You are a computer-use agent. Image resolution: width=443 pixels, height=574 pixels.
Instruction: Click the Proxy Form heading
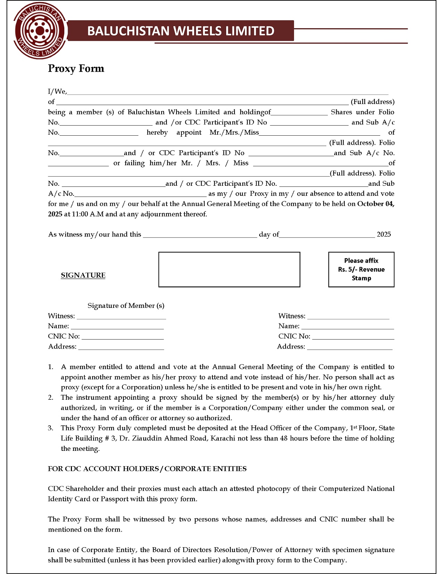(x=76, y=68)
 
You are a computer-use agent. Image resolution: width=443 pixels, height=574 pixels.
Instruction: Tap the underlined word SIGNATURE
(x=83, y=275)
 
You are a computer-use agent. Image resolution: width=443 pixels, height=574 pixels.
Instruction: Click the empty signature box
(x=229, y=270)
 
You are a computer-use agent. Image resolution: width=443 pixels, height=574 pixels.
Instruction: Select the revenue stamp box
(x=361, y=270)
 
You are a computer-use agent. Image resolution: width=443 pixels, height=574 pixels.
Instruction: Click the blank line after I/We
(x=228, y=93)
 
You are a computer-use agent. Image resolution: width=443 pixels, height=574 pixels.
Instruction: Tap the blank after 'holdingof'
(x=299, y=113)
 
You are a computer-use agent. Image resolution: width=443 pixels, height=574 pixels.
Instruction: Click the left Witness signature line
(x=122, y=317)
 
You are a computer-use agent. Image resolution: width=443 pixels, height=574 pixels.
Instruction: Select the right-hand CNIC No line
(x=353, y=337)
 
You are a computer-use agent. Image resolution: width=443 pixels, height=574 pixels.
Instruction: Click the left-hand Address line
(x=121, y=348)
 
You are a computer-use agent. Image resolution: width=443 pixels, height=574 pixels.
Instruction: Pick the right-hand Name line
(x=348, y=327)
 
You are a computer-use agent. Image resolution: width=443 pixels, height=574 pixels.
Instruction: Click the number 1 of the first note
(x=51, y=367)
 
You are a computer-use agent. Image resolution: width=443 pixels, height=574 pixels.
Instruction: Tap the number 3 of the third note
(x=51, y=428)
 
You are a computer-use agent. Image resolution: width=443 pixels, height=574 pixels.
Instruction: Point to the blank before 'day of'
(x=200, y=236)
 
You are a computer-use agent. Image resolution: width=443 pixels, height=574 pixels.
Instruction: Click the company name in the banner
(x=181, y=31)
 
